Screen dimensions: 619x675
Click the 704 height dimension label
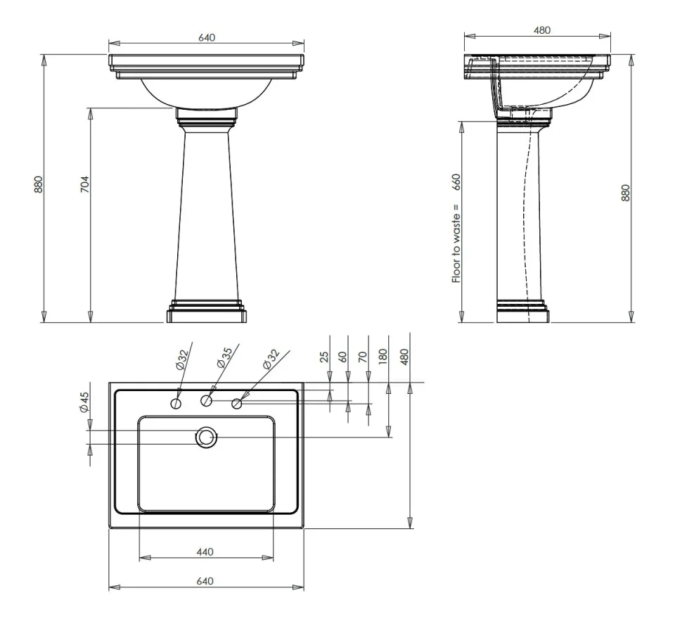pyautogui.click(x=84, y=184)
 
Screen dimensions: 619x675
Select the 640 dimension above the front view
pyautogui.click(x=206, y=37)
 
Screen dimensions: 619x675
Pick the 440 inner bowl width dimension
pyautogui.click(x=205, y=551)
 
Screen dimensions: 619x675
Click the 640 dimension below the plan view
pyautogui.click(x=205, y=581)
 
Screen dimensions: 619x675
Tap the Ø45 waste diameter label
pyautogui.click(x=84, y=402)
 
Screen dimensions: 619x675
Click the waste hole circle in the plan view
pyautogui.click(x=206, y=438)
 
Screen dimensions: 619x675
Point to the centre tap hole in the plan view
pyautogui.click(x=206, y=401)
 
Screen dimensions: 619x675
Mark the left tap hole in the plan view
pyautogui.click(x=176, y=404)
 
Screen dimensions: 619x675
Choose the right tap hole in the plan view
pyautogui.click(x=236, y=404)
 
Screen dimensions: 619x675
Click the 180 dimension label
pyautogui.click(x=382, y=356)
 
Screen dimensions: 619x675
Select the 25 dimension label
pyautogui.click(x=324, y=356)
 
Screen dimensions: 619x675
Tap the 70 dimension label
pyautogui.click(x=362, y=356)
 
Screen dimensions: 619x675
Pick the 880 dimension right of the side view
pyautogui.click(x=625, y=191)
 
